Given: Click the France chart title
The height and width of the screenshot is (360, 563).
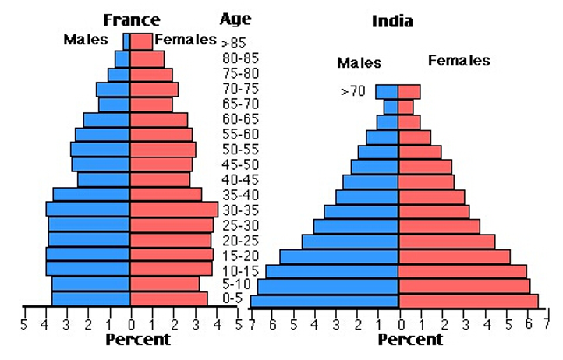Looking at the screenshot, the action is pyautogui.click(x=132, y=20).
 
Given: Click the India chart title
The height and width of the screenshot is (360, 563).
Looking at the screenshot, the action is pyautogui.click(x=392, y=21).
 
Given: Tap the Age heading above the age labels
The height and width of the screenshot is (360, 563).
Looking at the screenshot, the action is pyautogui.click(x=235, y=19).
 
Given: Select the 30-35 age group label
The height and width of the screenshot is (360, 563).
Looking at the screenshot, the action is pyautogui.click(x=240, y=210).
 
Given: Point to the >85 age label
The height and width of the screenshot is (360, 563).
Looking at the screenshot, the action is pyautogui.click(x=234, y=43).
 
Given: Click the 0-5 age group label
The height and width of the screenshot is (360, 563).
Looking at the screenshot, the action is pyautogui.click(x=232, y=298).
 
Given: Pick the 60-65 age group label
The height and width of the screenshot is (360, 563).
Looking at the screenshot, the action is pyautogui.click(x=240, y=118).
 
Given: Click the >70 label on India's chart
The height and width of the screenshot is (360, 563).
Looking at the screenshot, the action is pyautogui.click(x=353, y=91).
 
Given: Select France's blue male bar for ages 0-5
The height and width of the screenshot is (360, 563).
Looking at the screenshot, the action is pyautogui.click(x=90, y=299).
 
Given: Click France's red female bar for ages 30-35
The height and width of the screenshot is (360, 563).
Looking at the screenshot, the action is pyautogui.click(x=174, y=210).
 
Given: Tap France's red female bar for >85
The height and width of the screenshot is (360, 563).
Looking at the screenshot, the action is pyautogui.click(x=141, y=41).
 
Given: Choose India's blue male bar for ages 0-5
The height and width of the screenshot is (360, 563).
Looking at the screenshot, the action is pyautogui.click(x=324, y=302).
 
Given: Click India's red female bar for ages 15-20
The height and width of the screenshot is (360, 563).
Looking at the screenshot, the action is pyautogui.click(x=454, y=257).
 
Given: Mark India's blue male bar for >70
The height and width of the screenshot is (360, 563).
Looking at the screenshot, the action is pyautogui.click(x=387, y=91).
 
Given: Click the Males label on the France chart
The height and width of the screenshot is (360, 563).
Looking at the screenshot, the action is pyautogui.click(x=86, y=40).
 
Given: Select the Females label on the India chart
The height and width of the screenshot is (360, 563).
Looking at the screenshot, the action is pyautogui.click(x=459, y=60).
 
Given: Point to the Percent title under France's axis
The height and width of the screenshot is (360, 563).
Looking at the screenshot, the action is pyautogui.click(x=138, y=340).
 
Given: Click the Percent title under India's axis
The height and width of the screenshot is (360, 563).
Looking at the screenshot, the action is pyautogui.click(x=410, y=340).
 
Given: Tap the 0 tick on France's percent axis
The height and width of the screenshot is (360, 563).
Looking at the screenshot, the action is pyautogui.click(x=131, y=325).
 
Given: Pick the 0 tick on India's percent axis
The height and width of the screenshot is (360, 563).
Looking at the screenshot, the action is pyautogui.click(x=401, y=325).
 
